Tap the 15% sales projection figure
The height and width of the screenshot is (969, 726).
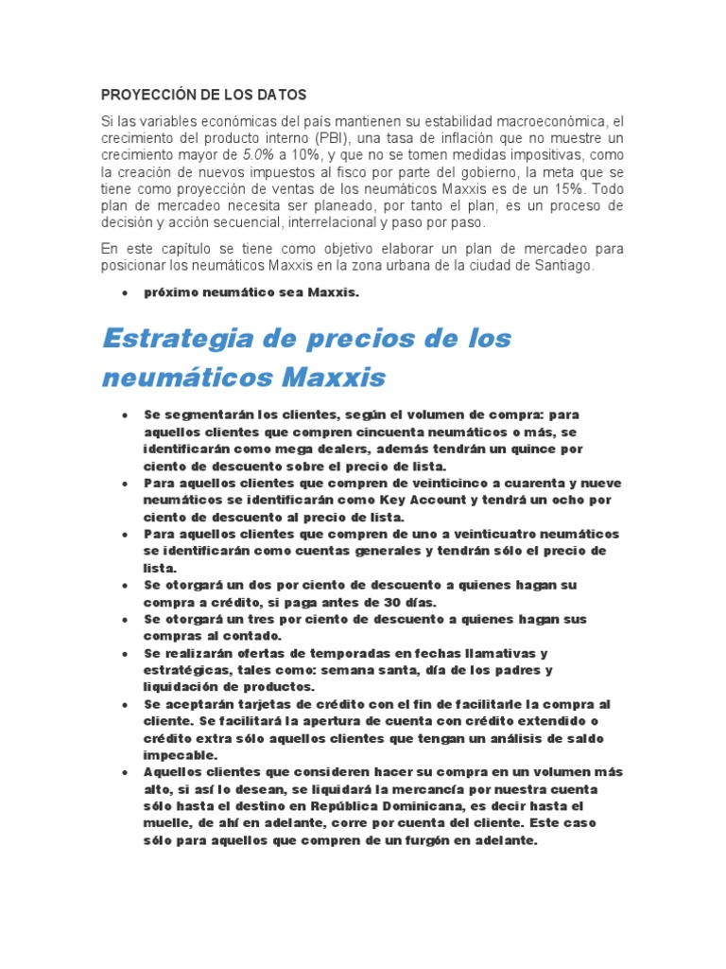(561, 190)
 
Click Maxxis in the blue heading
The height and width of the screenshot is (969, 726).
(336, 378)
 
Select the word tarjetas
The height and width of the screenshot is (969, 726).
(257, 704)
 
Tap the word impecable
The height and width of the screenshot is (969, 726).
(180, 755)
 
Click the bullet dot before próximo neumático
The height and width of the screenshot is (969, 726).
(125, 293)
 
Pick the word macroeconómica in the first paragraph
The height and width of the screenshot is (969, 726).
(542, 122)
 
